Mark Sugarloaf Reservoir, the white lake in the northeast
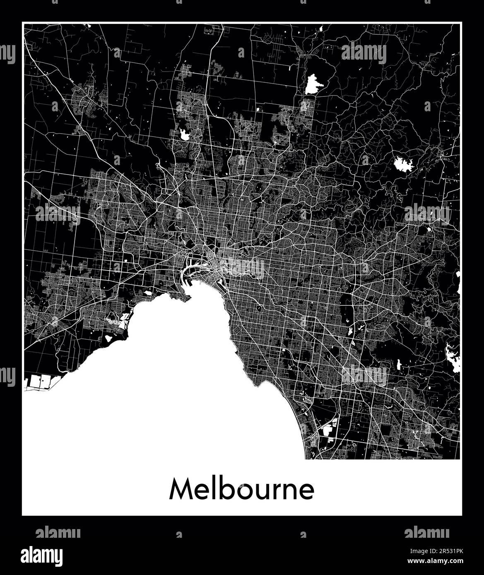pyautogui.click(x=404, y=164)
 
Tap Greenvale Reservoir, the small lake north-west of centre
pyautogui.click(x=183, y=133)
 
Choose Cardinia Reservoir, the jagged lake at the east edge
pyautogui.click(x=453, y=358)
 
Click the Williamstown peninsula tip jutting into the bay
pyautogui.click(x=188, y=297)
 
